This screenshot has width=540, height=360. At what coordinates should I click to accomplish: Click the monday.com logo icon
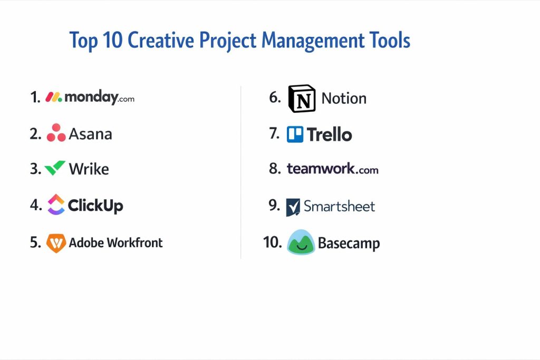pos(54,97)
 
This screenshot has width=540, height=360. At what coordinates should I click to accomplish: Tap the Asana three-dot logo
pos(56,133)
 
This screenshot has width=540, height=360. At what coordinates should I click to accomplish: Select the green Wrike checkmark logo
pos(55,168)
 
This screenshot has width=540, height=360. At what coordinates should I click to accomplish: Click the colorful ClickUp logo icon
pos(56,205)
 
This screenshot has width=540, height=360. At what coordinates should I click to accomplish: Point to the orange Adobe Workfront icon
pos(56,243)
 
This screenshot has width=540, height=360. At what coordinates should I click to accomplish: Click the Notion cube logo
pos(302,99)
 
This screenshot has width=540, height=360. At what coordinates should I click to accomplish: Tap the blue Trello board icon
pos(295,134)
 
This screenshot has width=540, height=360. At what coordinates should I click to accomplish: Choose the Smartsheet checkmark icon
pos(293,207)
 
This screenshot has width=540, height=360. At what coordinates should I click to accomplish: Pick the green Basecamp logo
pos(301,242)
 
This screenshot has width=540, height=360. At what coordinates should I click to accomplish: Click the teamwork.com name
pos(333,169)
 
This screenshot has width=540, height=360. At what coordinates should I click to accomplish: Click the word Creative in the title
pos(161,41)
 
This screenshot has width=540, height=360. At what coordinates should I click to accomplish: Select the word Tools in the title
pos(390,40)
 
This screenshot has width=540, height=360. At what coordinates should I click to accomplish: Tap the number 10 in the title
pos(112,40)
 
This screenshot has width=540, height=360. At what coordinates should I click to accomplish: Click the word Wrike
pos(89,169)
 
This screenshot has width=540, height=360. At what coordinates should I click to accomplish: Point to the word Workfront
pos(134,242)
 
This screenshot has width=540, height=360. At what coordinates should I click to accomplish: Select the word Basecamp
pos(349,244)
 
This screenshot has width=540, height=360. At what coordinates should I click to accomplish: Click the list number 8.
pos(274,168)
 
